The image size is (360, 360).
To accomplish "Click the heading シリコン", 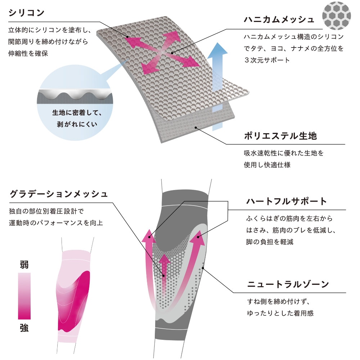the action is [26, 13].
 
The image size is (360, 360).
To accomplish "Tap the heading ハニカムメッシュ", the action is [279, 19].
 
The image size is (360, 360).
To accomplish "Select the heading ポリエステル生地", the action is [280, 136].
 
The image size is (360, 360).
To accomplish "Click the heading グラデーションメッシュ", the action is [59, 194].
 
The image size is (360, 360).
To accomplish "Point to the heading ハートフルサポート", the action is [286, 201].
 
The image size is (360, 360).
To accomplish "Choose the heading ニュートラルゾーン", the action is [288, 284].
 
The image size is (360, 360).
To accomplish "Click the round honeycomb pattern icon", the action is [336, 15].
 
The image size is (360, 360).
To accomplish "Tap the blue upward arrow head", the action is [217, 49].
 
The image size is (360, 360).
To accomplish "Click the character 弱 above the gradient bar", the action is [24, 265].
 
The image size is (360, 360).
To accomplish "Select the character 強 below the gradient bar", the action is [24, 328].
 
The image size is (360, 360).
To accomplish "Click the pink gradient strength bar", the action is [24, 296].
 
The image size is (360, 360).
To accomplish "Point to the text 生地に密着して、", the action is [77, 113].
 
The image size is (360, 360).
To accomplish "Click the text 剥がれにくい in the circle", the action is [77, 124].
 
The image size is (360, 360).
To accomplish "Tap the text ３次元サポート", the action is [267, 60].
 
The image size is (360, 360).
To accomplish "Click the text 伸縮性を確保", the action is [28, 54].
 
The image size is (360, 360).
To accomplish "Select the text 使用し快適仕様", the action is [267, 165].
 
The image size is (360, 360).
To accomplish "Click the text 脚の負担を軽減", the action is [270, 242].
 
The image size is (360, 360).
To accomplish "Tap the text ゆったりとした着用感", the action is [280, 313].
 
